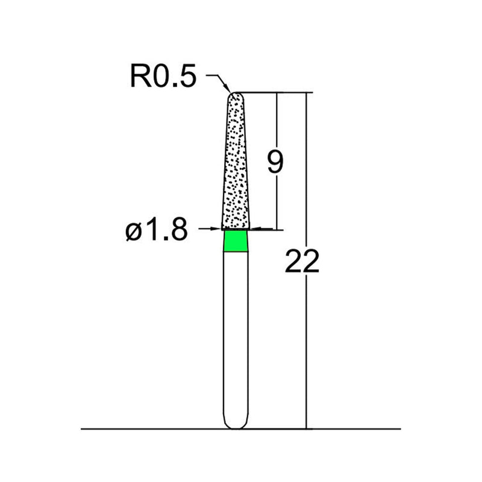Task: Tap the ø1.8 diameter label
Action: point(157,230)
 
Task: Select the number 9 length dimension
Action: point(275,163)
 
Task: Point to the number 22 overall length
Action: point(302,262)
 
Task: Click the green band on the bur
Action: point(235,242)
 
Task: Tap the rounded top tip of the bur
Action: point(235,95)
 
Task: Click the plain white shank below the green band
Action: point(235,337)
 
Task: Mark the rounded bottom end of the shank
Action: point(235,425)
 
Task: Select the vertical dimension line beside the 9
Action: point(277,199)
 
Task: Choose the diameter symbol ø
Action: point(134,231)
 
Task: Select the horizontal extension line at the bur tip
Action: point(271,93)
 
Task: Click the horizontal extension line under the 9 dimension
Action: point(268,229)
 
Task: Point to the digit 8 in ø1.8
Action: point(177,230)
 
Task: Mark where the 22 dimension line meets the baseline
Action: point(307,428)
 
